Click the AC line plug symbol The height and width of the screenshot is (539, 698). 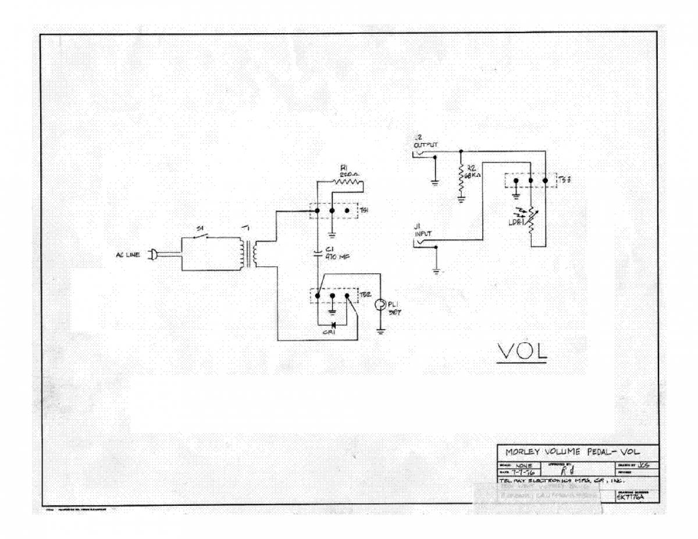pyautogui.click(x=153, y=254)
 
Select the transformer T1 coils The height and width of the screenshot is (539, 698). pyautogui.click(x=248, y=253)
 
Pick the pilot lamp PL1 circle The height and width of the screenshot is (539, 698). pyautogui.click(x=380, y=304)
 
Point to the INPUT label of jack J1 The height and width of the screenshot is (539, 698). pyautogui.click(x=421, y=233)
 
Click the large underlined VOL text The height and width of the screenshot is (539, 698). pyautogui.click(x=522, y=352)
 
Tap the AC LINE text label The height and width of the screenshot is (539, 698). pyautogui.click(x=127, y=254)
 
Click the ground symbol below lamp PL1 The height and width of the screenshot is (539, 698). pyautogui.click(x=380, y=332)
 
